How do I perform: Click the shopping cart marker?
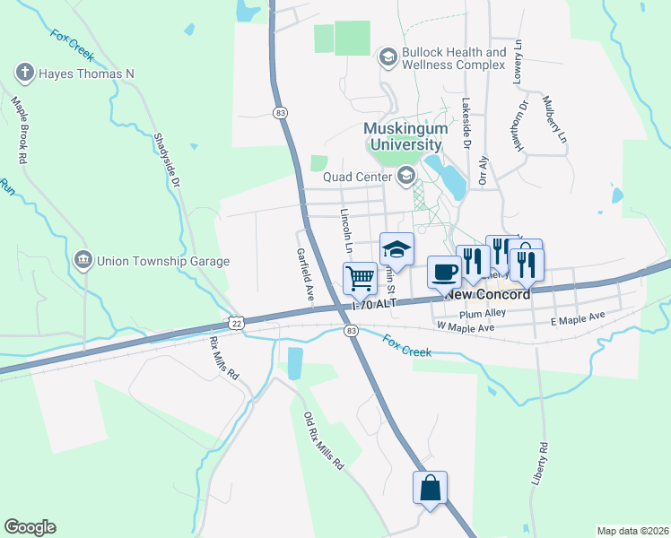pos(360,277)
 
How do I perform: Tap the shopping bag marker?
pos(430,488)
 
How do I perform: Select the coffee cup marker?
pos(443,271)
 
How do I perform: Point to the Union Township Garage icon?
pos(83,261)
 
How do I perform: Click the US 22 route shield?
pos(236,322)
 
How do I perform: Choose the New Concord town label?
pos(488,294)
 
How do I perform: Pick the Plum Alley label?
pos(483,313)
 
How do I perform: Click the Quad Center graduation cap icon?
pos(405,176)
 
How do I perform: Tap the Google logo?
pos(30,527)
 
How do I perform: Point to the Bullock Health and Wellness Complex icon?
pos(388,59)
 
